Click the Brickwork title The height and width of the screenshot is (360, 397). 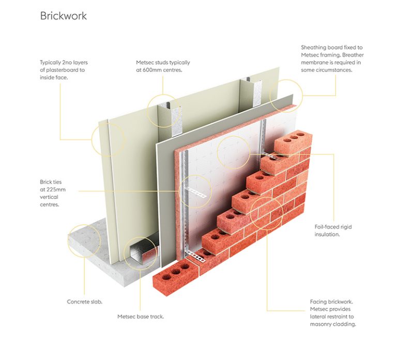(x=64, y=15)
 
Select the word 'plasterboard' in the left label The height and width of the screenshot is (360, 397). (x=64, y=70)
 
